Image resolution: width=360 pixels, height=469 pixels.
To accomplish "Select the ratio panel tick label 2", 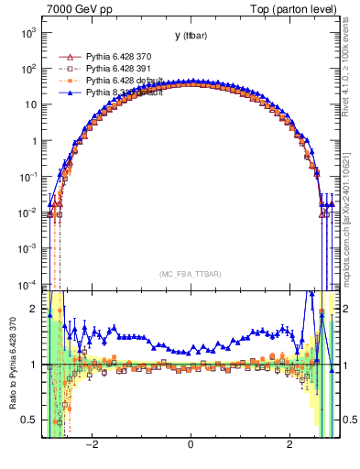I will pyautogui.click(x=33, y=309).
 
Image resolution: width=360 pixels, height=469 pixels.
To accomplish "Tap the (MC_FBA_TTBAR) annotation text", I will pyautogui.click(x=190, y=274).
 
